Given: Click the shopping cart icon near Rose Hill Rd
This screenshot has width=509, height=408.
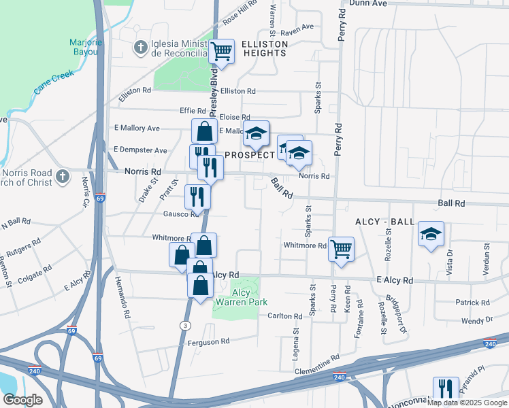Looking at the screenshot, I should point(222,51).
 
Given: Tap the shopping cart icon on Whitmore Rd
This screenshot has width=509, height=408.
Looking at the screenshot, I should point(340,248).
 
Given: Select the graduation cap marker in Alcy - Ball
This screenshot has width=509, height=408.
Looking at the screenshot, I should point(430,235).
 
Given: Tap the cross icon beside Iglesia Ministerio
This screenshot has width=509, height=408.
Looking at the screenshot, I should point(140,48).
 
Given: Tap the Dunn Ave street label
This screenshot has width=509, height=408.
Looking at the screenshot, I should point(367,3).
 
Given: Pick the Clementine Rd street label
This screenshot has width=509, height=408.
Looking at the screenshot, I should point(316,365).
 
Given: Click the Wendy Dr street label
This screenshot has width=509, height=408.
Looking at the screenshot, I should point(476,320).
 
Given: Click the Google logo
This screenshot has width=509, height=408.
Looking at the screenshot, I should point(23,400).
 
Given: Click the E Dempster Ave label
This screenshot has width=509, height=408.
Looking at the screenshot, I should point(140,150).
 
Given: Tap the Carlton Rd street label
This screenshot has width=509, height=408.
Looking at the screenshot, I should point(284,316).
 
